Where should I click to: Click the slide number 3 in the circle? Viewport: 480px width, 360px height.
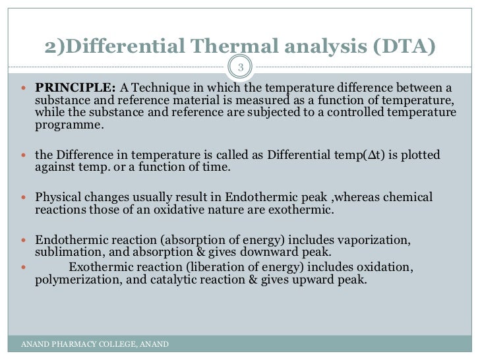241,67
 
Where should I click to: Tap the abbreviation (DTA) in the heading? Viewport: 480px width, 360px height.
402,47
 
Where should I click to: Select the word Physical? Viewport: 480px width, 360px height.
57,197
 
